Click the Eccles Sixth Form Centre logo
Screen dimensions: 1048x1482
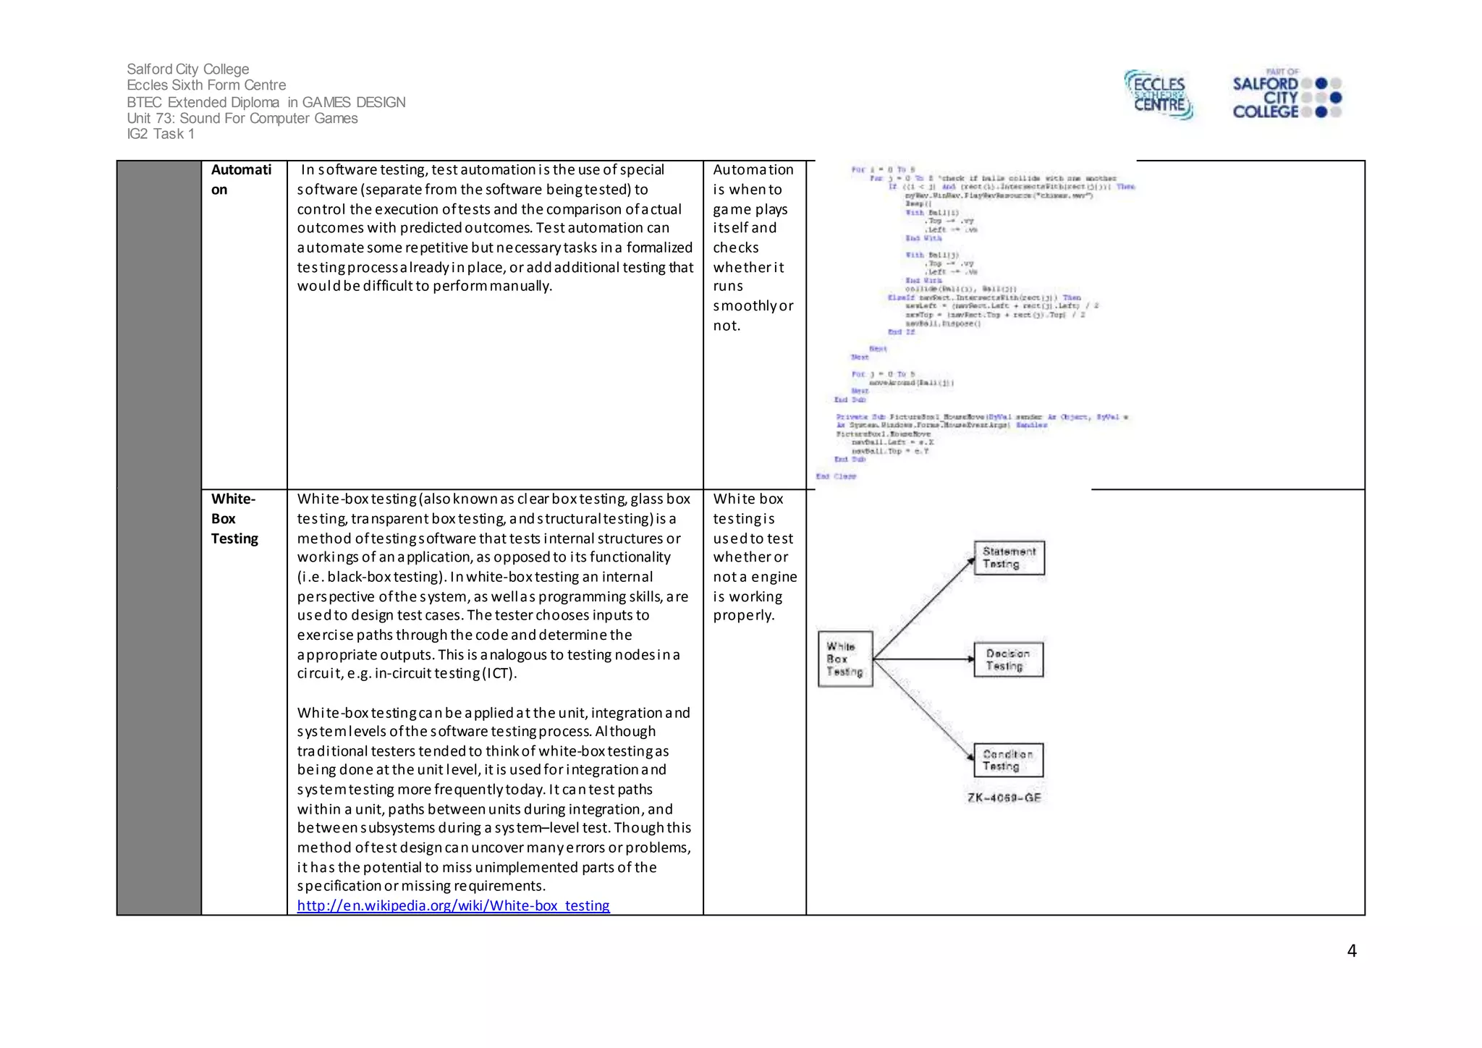pos(1159,95)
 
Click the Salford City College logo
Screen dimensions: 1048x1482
pos(1286,95)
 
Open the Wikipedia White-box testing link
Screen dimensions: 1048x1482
pos(453,905)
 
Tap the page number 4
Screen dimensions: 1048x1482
pos(1351,951)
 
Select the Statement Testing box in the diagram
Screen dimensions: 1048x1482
pos(1009,558)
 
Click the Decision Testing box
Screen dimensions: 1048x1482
pos(1009,659)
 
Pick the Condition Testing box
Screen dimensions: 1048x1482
pos(1008,760)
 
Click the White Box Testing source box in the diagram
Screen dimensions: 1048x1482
pos(844,659)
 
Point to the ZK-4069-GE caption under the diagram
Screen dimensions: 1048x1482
pos(1004,798)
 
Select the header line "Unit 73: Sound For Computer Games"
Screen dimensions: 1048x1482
pos(242,118)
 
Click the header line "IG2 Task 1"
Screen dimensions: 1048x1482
pos(160,134)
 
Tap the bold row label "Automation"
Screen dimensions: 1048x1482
pos(241,179)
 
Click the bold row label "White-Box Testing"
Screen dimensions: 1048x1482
pos(234,518)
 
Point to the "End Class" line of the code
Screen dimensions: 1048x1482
pos(836,476)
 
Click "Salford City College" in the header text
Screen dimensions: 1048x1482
pos(187,69)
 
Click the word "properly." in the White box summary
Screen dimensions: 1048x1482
pos(743,615)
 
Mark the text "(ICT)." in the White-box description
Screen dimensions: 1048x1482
pos(499,673)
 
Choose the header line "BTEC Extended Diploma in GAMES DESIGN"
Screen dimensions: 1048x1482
pos(266,102)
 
